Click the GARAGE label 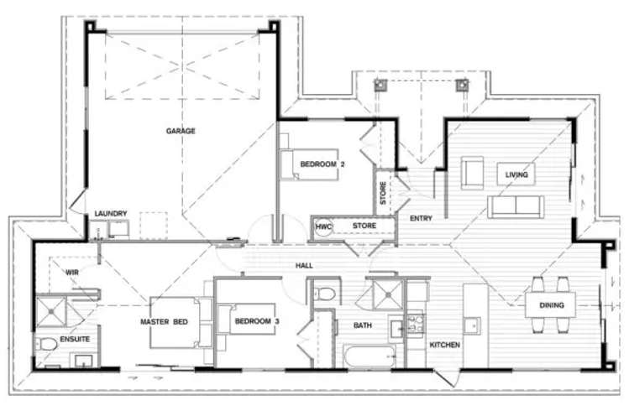coord(181,131)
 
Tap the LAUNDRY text coord(111,214)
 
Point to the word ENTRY coord(421,219)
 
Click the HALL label coord(304,265)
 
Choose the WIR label coord(71,272)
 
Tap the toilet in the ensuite coord(49,344)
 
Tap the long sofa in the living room coord(516,206)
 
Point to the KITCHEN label coord(445,345)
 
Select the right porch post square coord(461,86)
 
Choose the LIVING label coord(516,174)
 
